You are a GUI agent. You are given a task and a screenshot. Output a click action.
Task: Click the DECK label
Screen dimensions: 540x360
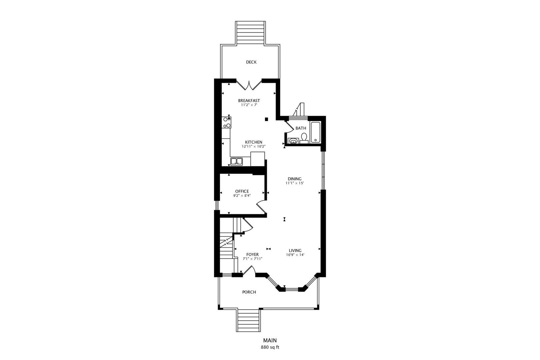click(x=251, y=62)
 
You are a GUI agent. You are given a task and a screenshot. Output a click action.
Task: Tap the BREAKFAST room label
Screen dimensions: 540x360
click(x=249, y=101)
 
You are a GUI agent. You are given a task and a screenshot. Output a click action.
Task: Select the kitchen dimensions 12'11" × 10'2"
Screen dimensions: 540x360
click(x=254, y=146)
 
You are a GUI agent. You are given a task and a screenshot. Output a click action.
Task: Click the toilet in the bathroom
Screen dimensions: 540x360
click(x=304, y=138)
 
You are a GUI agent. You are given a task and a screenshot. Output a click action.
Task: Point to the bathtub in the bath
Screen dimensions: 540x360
click(x=315, y=133)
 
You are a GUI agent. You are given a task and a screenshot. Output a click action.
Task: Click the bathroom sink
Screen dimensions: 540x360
click(x=293, y=141)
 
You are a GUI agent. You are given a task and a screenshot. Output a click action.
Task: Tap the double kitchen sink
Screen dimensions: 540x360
click(x=236, y=162)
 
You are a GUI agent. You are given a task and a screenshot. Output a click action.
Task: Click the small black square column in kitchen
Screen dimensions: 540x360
click(x=266, y=119)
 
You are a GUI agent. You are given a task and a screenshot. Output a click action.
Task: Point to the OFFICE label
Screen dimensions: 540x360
click(x=242, y=191)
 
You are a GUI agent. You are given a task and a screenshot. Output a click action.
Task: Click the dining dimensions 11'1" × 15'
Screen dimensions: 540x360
click(x=295, y=183)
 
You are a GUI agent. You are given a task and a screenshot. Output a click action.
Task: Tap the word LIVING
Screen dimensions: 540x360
click(x=295, y=251)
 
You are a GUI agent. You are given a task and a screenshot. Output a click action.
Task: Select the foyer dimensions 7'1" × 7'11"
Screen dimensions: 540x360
click(x=252, y=259)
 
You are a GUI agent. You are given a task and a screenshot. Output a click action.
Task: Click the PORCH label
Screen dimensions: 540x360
click(x=249, y=292)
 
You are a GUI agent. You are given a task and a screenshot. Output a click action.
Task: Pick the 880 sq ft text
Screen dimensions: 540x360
click(x=270, y=347)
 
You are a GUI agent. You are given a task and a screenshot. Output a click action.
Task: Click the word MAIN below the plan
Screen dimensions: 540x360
click(x=270, y=340)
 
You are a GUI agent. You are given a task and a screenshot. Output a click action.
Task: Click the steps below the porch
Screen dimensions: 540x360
click(x=248, y=320)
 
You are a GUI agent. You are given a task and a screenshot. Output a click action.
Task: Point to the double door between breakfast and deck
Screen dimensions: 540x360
click(x=249, y=85)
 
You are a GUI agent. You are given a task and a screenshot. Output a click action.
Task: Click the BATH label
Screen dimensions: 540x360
click(x=301, y=128)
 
